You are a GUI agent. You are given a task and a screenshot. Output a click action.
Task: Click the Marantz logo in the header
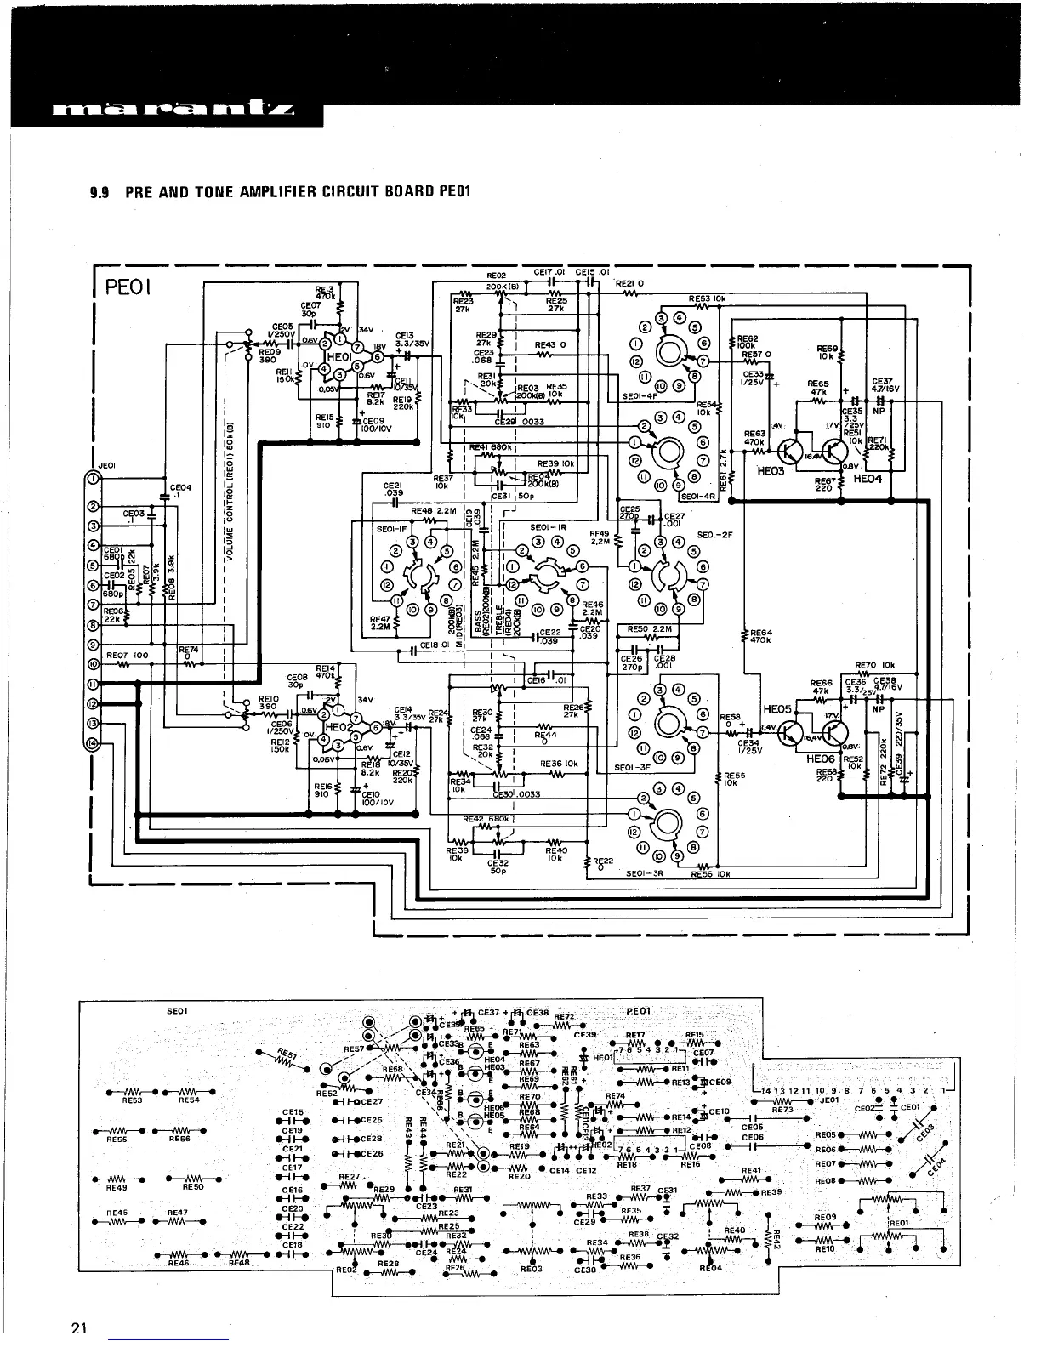coord(174,110)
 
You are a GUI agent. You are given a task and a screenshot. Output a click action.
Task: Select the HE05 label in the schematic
coord(776,708)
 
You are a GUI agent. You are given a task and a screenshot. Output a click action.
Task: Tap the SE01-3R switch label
coord(645,872)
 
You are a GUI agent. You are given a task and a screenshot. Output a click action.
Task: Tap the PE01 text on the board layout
coord(638,1010)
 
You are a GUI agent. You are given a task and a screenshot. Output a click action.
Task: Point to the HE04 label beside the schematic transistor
coord(870,480)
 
